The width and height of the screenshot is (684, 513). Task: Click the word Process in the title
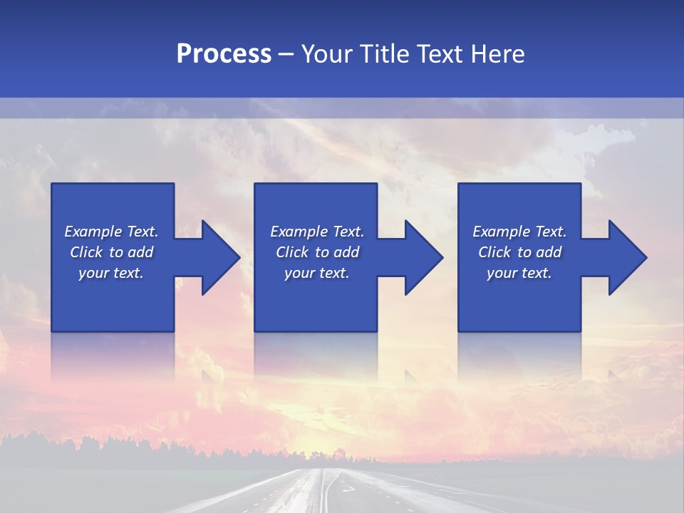click(224, 54)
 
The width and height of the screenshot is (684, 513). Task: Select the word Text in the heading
click(441, 54)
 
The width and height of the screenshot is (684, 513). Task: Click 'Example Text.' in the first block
click(111, 232)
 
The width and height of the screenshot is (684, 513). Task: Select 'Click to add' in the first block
click(111, 252)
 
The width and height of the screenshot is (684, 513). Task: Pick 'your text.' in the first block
click(111, 273)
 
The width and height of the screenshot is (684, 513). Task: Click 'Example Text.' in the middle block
click(317, 232)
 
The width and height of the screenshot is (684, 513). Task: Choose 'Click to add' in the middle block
click(317, 252)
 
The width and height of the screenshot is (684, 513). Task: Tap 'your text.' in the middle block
click(317, 273)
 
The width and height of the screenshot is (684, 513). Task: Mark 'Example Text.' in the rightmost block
click(519, 232)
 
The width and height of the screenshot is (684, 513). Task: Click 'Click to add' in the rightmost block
click(519, 252)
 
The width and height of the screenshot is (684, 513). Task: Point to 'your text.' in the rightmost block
click(519, 273)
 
